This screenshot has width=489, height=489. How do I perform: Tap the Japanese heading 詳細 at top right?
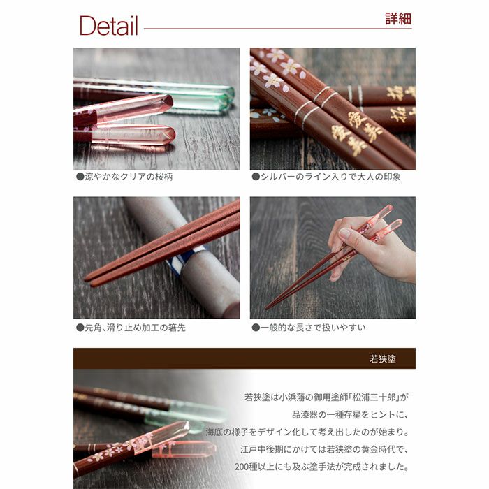[398, 19]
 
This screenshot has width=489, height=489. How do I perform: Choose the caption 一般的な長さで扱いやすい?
[312, 327]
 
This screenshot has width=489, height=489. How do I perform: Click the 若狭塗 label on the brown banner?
[383, 358]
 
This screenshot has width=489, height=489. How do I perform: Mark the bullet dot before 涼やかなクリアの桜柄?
[80, 177]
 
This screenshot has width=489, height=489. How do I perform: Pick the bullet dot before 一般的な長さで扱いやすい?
[256, 327]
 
